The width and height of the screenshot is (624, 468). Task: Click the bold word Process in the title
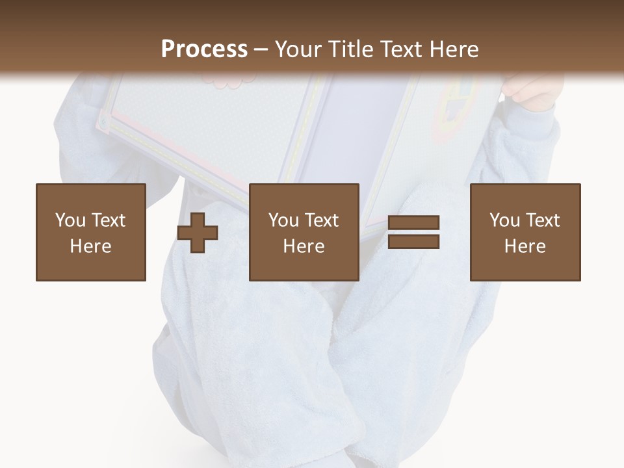click(x=204, y=49)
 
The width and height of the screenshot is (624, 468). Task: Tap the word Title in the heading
click(x=350, y=49)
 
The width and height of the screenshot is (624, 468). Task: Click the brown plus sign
click(x=198, y=232)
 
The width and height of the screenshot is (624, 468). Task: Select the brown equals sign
click(x=413, y=232)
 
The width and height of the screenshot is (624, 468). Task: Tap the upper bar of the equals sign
click(x=413, y=223)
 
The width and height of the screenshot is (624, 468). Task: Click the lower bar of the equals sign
click(x=413, y=241)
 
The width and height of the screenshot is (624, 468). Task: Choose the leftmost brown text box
click(x=91, y=232)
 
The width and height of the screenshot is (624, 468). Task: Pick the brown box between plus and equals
click(x=304, y=232)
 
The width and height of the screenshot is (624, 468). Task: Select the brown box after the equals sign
click(x=525, y=232)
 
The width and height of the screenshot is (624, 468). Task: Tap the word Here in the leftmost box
click(x=90, y=246)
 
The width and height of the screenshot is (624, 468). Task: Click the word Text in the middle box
click(x=321, y=220)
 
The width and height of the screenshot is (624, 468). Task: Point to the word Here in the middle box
click(x=304, y=246)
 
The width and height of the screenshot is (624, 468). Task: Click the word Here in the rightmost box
click(x=525, y=246)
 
